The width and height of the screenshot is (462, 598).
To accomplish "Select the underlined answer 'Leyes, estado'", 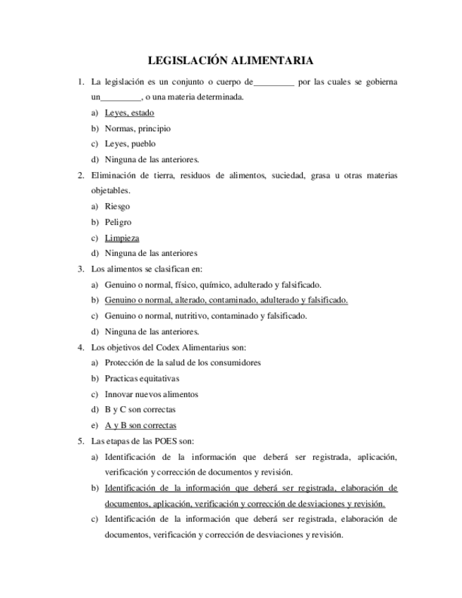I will pyautogui.click(x=129, y=113).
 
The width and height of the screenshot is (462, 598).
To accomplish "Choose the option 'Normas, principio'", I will pyautogui.click(x=138, y=128).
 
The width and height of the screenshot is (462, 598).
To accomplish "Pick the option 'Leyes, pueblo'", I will pyautogui.click(x=130, y=144).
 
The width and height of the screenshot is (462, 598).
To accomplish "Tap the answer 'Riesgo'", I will pyautogui.click(x=117, y=207).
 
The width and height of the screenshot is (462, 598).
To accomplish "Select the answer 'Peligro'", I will pyautogui.click(x=118, y=222).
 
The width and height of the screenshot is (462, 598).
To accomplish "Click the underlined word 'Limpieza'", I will pyautogui.click(x=122, y=238).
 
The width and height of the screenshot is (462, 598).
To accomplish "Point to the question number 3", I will pyautogui.click(x=81, y=269).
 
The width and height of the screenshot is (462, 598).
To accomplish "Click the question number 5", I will pyautogui.click(x=81, y=441).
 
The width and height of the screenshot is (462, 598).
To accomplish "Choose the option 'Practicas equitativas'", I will pyautogui.click(x=142, y=378).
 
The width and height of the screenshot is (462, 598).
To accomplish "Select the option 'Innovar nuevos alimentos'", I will pyautogui.click(x=151, y=393).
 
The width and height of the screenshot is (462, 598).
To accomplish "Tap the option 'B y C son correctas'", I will pyautogui.click(x=140, y=409).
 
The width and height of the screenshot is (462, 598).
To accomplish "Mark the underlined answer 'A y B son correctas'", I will pyautogui.click(x=140, y=425).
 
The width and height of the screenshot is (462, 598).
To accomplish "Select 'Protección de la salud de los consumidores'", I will pyautogui.click(x=183, y=362).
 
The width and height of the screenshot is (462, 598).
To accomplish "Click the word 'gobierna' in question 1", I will pyautogui.click(x=382, y=82).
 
